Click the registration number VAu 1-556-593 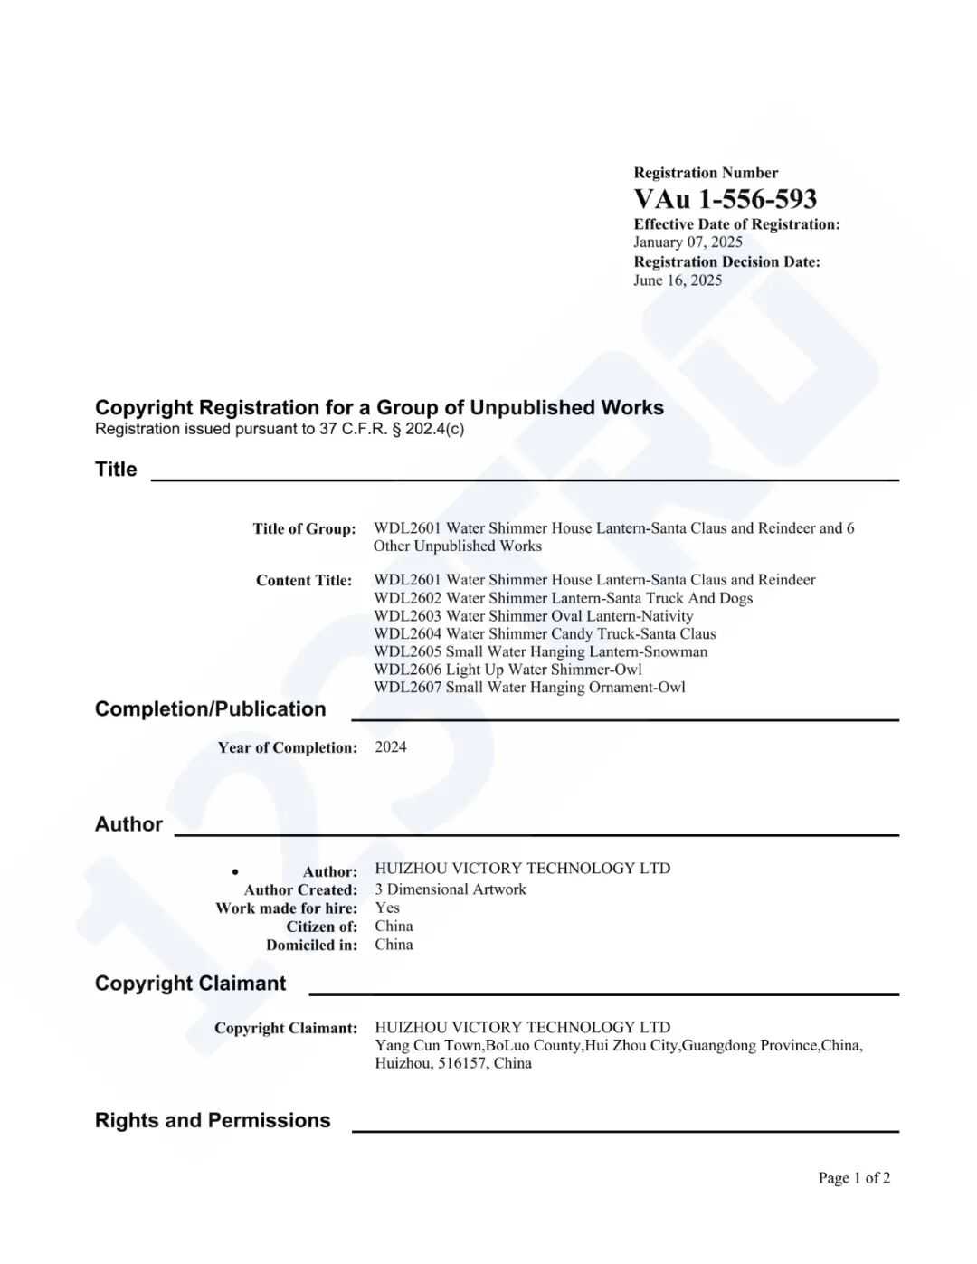coord(725,199)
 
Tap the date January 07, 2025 coord(688,242)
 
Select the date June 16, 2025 coord(678,280)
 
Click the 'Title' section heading coord(116,469)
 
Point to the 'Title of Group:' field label coord(304,528)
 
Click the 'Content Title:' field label coord(304,580)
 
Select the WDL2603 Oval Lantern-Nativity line coord(533,616)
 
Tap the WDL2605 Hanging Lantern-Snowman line coord(540,651)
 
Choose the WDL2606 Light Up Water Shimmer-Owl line coord(507,670)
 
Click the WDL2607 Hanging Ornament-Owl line coord(529,688)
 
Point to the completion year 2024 coord(391,747)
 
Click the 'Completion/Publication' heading coord(210,709)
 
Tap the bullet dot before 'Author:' coord(235,871)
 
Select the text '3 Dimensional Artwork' coord(451,889)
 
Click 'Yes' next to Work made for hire coord(387,908)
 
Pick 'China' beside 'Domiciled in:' coord(394,945)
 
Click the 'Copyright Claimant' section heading coord(190,984)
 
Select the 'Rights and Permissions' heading coord(213,1120)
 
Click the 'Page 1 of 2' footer coord(854,1178)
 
